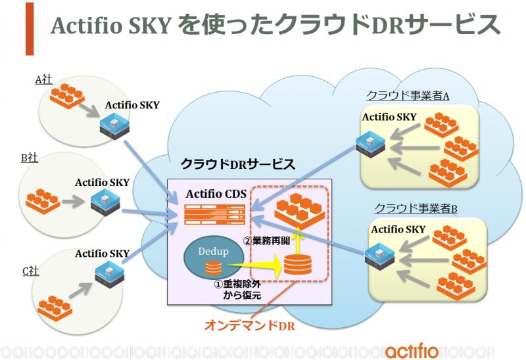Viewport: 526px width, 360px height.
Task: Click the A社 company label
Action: pos(43,79)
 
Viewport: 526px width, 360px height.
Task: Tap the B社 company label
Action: pos(30,158)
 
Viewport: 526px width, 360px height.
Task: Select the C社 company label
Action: pos(30,271)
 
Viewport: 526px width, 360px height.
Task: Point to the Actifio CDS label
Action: pos(216,194)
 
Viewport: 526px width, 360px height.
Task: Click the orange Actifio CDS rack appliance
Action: pos(215,215)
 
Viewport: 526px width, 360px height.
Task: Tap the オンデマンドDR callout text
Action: pos(250,325)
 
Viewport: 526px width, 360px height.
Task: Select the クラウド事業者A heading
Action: pos(408,95)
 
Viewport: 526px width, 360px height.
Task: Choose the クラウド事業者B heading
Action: pos(416,208)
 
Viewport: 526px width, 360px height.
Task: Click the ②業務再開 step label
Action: pos(267,240)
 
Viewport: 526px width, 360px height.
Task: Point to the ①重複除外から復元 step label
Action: pos(237,290)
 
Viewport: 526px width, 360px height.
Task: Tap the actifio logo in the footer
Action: pos(412,351)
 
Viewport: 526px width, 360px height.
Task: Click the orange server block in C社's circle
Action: pos(55,308)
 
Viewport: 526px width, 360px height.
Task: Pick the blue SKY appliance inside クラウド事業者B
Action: pos(380,258)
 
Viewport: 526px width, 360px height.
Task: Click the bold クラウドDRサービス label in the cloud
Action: pos(238,164)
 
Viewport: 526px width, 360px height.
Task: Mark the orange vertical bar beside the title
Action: pos(30,29)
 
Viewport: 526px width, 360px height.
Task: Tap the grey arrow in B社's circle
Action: pos(73,202)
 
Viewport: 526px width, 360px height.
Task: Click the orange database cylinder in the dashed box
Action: pos(298,265)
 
